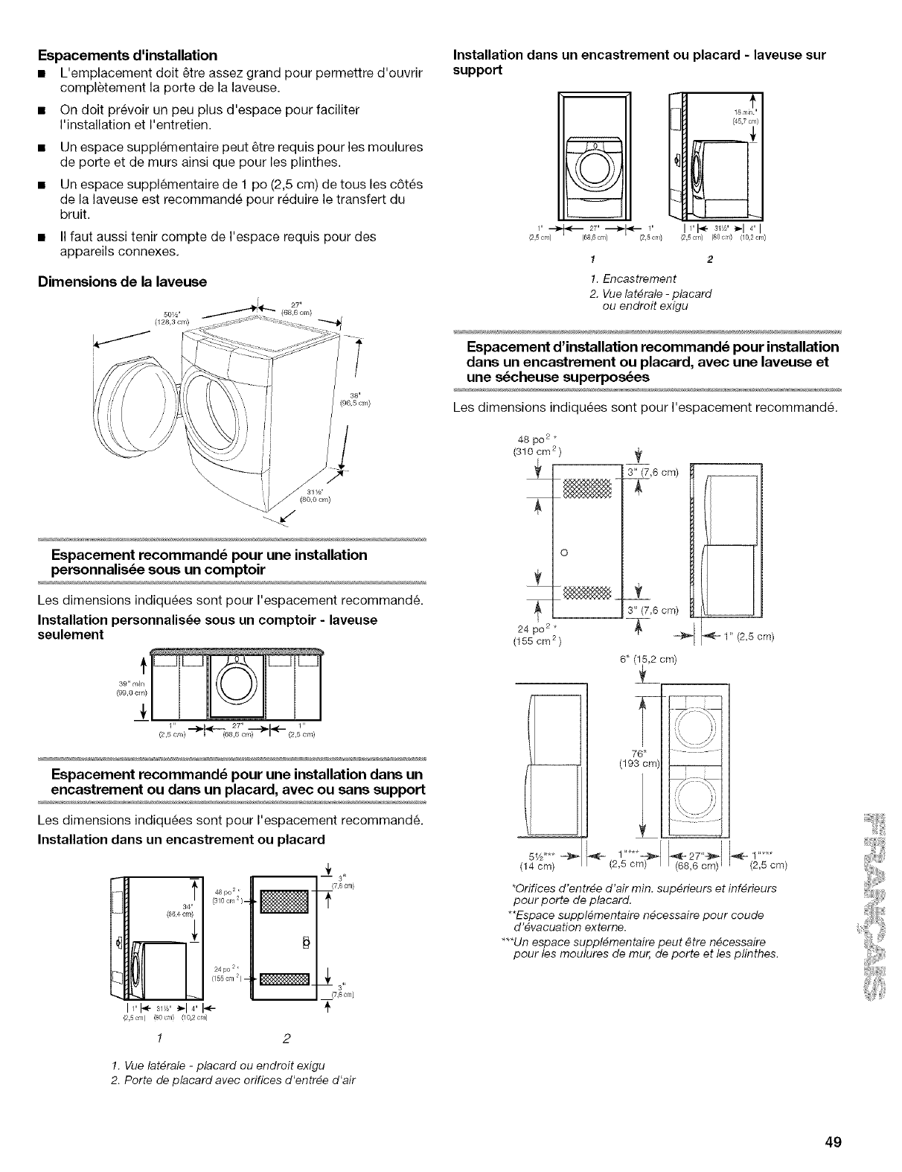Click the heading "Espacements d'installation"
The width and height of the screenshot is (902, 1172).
[127, 55]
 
